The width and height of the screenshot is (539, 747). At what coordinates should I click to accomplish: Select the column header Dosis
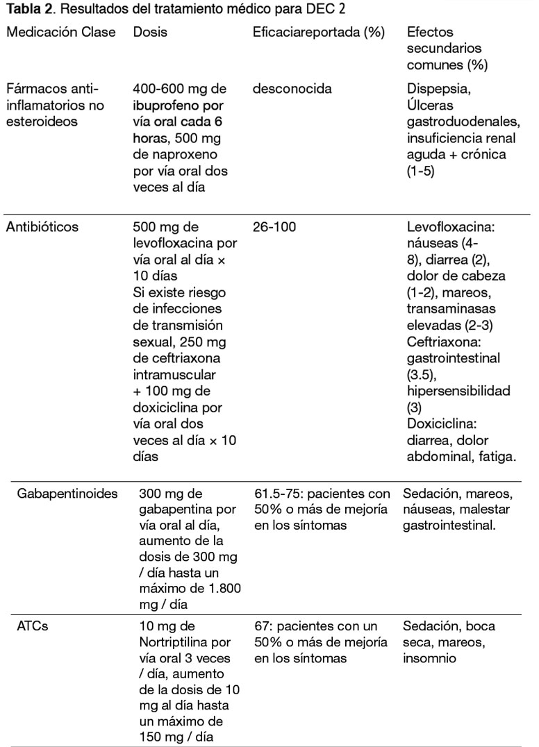150,33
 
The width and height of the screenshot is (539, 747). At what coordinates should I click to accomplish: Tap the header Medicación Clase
61,33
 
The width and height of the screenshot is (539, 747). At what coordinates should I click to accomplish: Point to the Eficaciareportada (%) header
319,33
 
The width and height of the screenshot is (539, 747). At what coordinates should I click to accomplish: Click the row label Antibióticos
42,227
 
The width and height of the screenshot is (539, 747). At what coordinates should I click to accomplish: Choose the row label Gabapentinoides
67,494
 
